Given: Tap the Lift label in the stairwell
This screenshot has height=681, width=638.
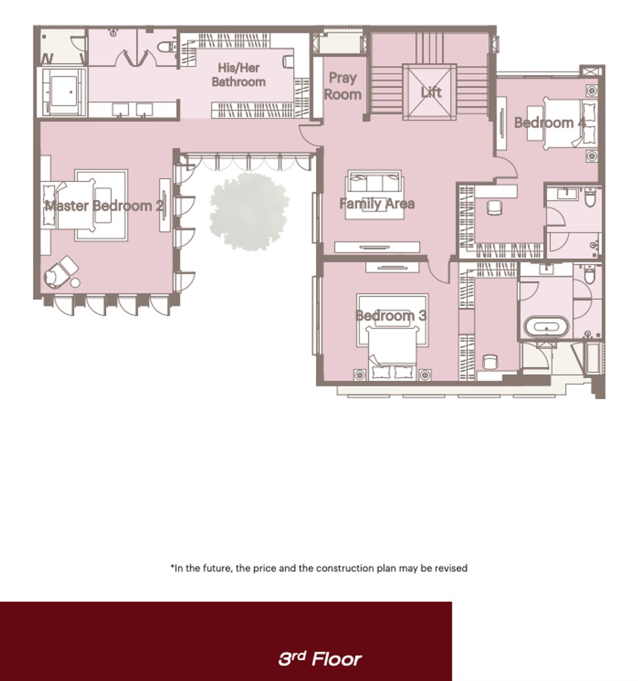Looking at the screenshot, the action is [x=431, y=92].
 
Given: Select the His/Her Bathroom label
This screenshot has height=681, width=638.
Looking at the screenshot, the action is [x=238, y=75].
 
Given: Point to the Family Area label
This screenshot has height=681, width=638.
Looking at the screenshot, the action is [x=376, y=204].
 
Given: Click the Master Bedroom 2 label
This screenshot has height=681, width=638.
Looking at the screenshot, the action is [x=104, y=206].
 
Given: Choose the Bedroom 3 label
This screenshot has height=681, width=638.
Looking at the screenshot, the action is [x=390, y=315].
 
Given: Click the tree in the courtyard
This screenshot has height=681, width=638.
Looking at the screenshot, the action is [x=249, y=211].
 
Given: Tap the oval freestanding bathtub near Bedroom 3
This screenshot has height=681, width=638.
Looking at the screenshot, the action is [x=546, y=327].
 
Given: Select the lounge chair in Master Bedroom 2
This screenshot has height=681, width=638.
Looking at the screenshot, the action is [x=61, y=271].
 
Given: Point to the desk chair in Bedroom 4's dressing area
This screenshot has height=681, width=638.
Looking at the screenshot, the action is [x=494, y=207].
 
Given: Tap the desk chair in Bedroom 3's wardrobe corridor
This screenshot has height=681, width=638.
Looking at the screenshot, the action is [x=490, y=361].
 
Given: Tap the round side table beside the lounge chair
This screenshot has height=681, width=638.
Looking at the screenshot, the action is [x=75, y=283].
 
